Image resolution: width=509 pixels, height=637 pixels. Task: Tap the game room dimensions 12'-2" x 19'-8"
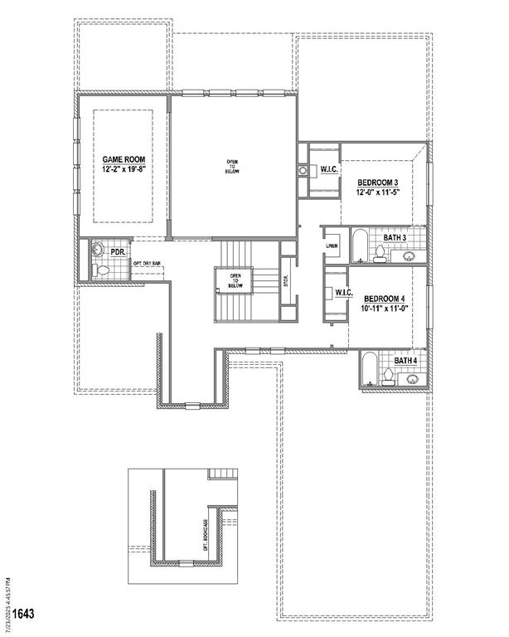(124, 168)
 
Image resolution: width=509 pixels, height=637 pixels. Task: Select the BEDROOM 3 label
(378, 182)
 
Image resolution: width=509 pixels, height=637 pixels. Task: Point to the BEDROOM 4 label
(383, 298)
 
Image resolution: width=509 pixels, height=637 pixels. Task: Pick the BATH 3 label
(395, 238)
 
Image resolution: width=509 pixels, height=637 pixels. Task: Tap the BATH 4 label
(405, 361)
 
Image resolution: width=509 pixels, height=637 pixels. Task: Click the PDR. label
(117, 250)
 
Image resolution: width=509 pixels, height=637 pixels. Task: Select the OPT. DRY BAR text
(147, 265)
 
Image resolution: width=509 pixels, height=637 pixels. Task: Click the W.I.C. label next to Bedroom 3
(327, 171)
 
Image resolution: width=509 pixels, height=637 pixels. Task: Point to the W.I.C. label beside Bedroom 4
(345, 293)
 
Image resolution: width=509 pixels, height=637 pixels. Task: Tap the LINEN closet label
(332, 246)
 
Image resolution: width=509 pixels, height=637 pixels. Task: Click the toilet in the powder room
(100, 270)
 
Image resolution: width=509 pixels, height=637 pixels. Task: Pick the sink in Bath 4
(413, 378)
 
